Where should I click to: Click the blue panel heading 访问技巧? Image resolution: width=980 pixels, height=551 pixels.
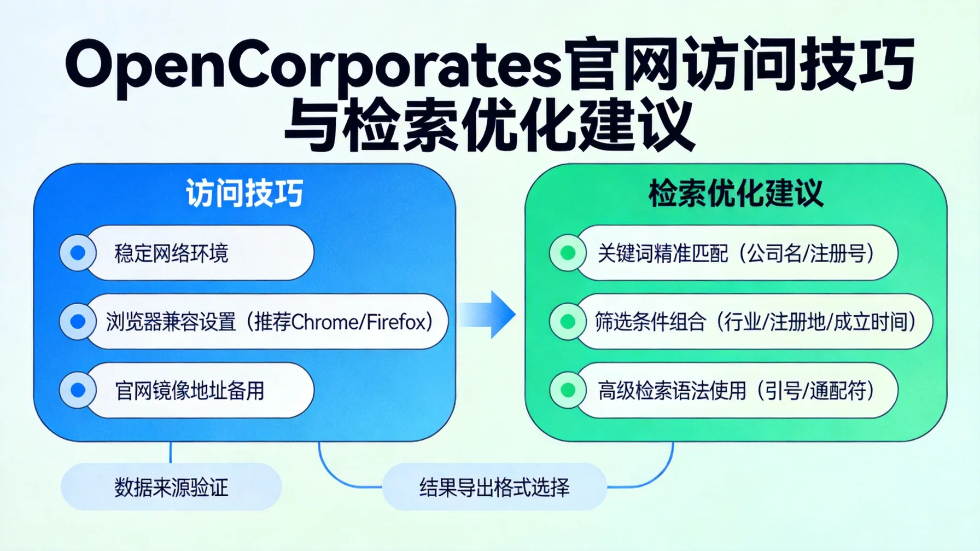pos(244,193)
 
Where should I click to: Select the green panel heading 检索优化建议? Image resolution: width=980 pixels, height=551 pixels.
pos(736,193)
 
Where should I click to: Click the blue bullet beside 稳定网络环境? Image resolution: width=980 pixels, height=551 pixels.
pos(78,253)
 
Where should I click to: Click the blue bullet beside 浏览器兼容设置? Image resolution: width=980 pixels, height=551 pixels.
pos(78,322)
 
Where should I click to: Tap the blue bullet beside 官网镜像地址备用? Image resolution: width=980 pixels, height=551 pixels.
pos(78,390)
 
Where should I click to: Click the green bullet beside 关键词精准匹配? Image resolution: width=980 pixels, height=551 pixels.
pos(568,253)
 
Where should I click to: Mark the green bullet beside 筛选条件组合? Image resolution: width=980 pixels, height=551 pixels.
pos(568,322)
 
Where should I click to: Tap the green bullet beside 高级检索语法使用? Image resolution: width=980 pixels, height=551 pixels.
pos(568,390)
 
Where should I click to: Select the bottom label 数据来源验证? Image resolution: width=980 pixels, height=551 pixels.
pos(171,487)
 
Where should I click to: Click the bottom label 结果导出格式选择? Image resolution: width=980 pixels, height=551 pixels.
pos(494,487)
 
